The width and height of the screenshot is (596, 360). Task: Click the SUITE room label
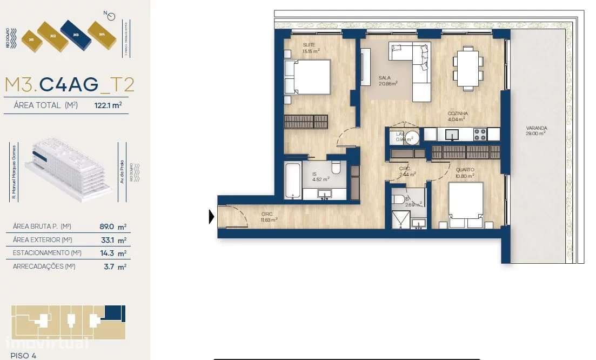[x=309, y=45]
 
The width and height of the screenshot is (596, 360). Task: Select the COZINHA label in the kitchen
[x=457, y=116]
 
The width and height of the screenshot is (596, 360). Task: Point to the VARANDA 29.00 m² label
[x=535, y=130]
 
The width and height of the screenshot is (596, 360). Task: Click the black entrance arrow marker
[x=212, y=217]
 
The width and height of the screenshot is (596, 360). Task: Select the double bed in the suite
[x=306, y=77]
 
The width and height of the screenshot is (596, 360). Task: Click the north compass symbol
[x=111, y=16]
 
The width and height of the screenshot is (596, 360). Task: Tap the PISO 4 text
[x=23, y=355]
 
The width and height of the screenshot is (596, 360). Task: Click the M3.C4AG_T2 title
[x=70, y=85]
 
